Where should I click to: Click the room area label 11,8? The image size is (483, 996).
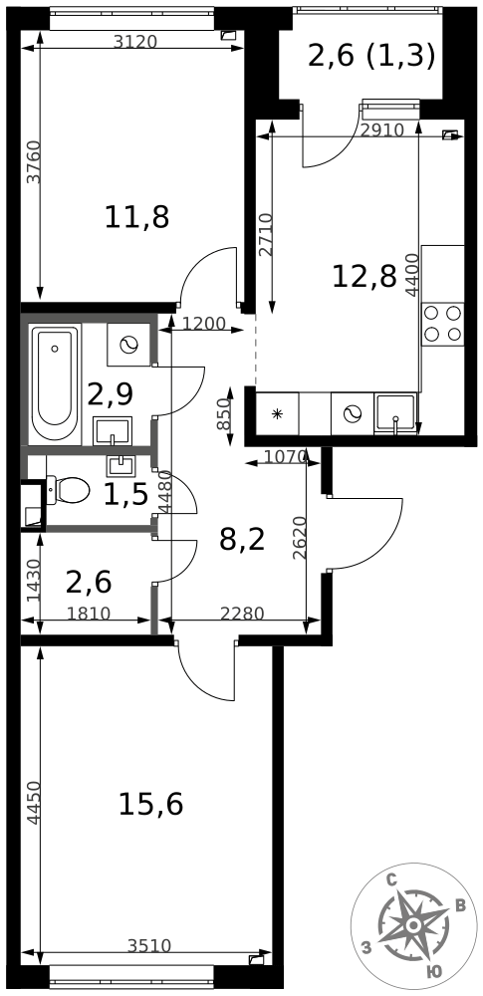136,218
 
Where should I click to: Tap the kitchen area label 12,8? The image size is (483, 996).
364,276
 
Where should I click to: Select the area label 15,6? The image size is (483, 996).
150,804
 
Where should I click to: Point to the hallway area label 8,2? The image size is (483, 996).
241,541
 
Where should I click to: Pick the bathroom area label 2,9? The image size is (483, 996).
110,394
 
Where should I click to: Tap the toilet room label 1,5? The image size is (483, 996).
125,495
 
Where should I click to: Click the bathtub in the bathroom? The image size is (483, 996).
56,383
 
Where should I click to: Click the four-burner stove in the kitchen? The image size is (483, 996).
443,324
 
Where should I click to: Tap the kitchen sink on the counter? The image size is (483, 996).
396,413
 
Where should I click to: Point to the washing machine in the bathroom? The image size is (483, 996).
128,345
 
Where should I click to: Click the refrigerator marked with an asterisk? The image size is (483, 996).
277,414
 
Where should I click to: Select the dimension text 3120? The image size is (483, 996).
134,41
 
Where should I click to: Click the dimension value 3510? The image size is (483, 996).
149,946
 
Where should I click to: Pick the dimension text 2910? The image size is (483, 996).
382,130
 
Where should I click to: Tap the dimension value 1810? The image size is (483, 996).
89,614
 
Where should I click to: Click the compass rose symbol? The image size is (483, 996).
413,925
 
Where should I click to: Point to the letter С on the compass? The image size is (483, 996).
392,881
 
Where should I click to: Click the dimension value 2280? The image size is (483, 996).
242,614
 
